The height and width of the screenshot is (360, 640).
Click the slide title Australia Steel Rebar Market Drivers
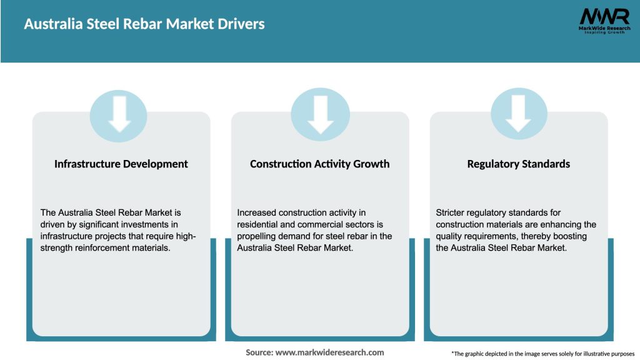pyautogui.click(x=144, y=24)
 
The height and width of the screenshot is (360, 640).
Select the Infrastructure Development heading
pyautogui.click(x=121, y=164)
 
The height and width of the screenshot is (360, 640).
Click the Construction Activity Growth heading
pyautogui.click(x=319, y=164)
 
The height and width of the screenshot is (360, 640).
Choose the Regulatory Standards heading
pyautogui.click(x=518, y=164)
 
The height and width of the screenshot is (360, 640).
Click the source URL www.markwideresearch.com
pyautogui.click(x=329, y=352)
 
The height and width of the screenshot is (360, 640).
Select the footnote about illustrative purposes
pyautogui.click(x=542, y=354)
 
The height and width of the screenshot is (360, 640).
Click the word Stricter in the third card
pyautogui.click(x=452, y=213)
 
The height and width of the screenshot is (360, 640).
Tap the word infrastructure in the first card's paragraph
pyautogui.click(x=67, y=236)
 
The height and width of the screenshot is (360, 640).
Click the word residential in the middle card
pyautogui.click(x=259, y=224)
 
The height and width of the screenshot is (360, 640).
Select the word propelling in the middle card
pyautogui.click(x=258, y=236)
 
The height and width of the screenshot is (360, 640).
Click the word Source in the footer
pyautogui.click(x=259, y=352)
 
